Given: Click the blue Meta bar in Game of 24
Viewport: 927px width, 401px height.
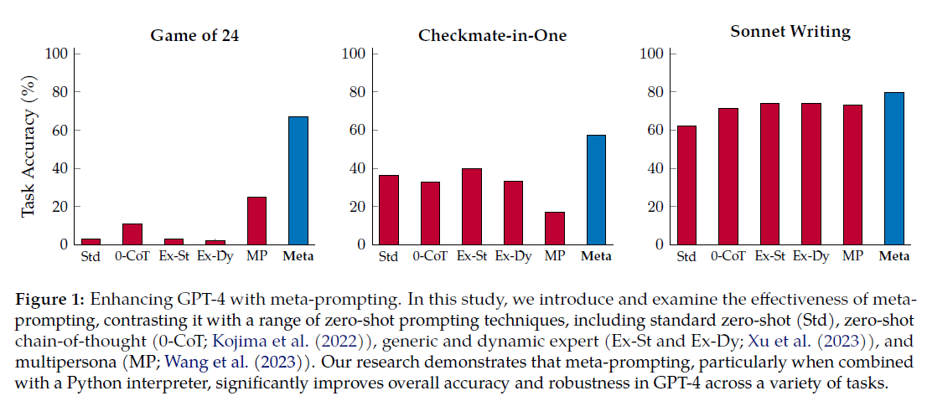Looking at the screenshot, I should (x=298, y=180).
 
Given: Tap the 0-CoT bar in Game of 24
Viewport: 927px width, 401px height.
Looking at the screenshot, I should (x=132, y=234).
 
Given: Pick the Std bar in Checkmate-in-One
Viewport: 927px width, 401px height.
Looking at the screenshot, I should (x=389, y=209).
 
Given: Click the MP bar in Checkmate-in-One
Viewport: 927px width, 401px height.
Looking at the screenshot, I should (x=555, y=228).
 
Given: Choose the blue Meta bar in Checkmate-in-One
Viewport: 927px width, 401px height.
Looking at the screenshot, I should (x=596, y=189).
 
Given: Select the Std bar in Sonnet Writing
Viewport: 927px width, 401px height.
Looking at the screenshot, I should (x=686, y=185).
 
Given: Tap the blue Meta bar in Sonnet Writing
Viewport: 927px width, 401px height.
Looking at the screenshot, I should (x=894, y=168).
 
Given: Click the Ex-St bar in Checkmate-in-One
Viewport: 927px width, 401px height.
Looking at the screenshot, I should (x=472, y=206).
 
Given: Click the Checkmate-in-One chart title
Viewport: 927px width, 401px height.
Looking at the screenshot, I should (x=492, y=35).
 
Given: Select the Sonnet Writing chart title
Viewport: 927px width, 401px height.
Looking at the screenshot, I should (x=790, y=32).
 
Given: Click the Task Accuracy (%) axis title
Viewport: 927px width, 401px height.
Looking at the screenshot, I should (x=30, y=149).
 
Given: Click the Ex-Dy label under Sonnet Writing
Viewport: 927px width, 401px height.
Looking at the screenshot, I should (x=810, y=256).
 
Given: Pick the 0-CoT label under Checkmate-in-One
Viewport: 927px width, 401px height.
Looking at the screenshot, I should (x=430, y=256).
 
